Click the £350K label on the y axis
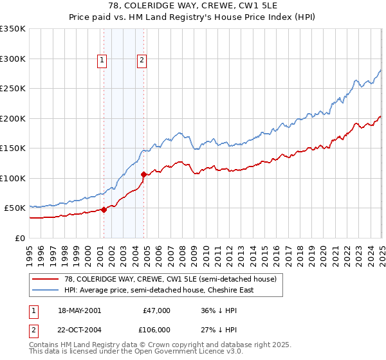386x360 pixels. (x=13, y=29)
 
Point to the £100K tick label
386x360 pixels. (x=13, y=178)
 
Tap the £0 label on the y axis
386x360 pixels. (x=21, y=238)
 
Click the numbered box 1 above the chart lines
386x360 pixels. (x=102, y=61)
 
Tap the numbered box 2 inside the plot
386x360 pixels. (x=142, y=61)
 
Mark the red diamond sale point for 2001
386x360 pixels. (x=104, y=210)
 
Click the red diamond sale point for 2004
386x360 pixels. (x=144, y=174)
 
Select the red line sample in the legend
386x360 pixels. (x=46, y=279)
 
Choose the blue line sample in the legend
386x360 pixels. (x=46, y=290)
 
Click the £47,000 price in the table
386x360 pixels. (x=156, y=310)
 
